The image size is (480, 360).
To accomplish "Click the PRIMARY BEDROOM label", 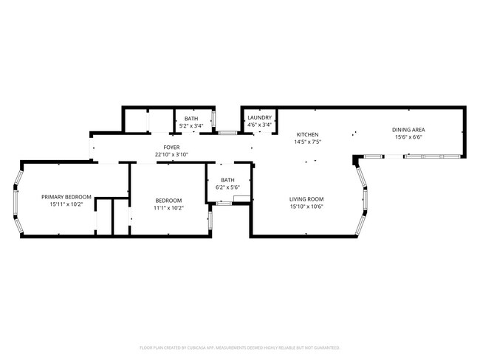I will [66, 197].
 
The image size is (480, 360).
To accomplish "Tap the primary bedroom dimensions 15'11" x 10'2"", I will [66, 204].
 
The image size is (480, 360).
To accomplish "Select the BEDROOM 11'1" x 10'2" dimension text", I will [169, 208].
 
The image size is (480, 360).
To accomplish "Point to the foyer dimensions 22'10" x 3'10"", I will [172, 155].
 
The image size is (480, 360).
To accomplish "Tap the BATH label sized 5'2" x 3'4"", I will [191, 119].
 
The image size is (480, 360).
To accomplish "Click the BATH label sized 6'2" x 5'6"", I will [227, 180].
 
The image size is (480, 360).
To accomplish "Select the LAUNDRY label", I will [259, 118].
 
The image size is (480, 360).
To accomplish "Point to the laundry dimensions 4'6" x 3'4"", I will [259, 125].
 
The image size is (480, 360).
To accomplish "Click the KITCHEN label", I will [307, 134].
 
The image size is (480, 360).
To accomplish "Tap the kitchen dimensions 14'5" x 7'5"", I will [307, 142].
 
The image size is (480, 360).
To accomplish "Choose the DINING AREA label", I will [408, 130].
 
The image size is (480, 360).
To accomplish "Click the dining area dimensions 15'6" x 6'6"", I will [408, 137].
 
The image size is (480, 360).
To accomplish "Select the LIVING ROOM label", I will [306, 199].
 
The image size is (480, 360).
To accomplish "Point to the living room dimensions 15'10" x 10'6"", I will [306, 207].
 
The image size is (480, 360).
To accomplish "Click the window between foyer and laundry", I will [227, 134].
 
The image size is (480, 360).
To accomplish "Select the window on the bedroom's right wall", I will [208, 219].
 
